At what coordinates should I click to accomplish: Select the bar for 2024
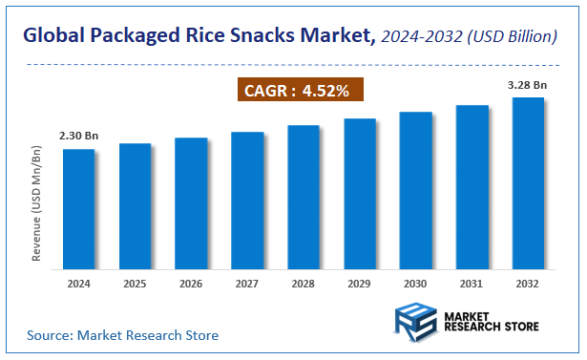[79, 207]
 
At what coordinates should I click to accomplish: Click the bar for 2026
[191, 201]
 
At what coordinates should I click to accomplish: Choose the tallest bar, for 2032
[528, 181]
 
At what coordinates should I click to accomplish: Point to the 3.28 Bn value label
[528, 85]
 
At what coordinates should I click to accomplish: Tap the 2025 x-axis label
[135, 284]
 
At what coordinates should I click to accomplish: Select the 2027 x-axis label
[247, 284]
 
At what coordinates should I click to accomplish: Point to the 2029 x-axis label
[359, 284]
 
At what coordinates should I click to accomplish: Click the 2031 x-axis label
[472, 284]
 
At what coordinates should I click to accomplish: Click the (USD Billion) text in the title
[511, 37]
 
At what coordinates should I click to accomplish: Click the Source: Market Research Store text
[123, 335]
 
